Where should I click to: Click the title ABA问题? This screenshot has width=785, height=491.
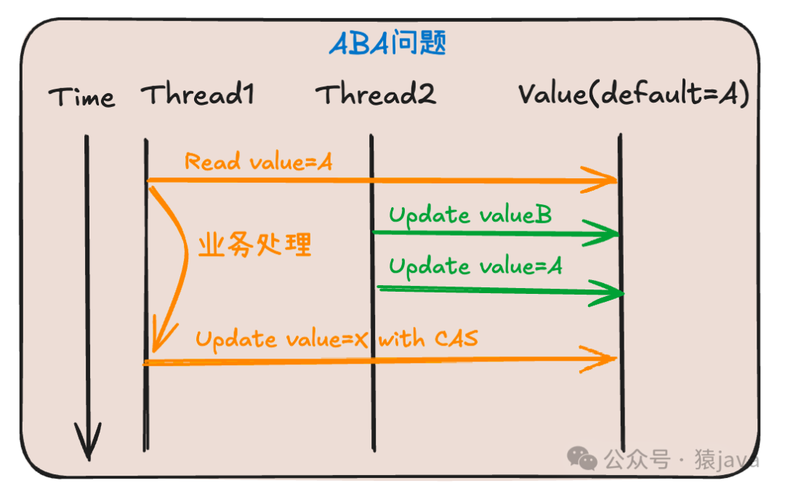(x=387, y=44)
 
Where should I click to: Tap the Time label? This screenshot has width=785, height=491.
(x=81, y=97)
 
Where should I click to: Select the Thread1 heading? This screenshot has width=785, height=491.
(x=198, y=95)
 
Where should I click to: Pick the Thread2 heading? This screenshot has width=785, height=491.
(x=376, y=95)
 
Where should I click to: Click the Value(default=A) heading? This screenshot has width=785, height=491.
(x=633, y=95)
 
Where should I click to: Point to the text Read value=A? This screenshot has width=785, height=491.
(x=258, y=161)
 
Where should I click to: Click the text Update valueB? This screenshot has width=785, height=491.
(x=470, y=215)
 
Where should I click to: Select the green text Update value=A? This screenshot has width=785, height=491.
(x=475, y=266)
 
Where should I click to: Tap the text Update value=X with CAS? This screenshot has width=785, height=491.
(x=337, y=338)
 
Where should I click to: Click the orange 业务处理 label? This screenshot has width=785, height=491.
(x=254, y=245)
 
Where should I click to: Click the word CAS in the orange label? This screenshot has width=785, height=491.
(x=456, y=338)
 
